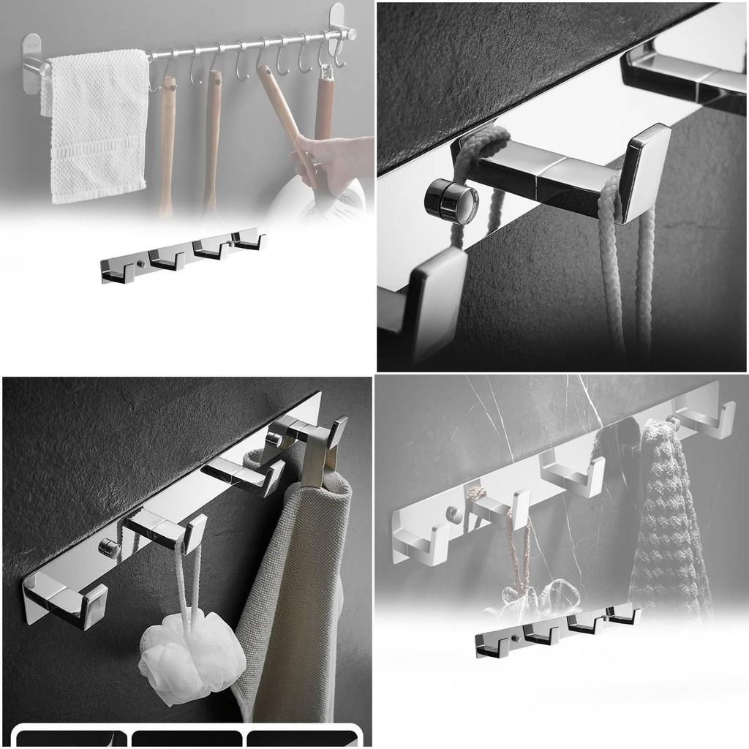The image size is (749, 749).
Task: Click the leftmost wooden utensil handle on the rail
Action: pyautogui.click(x=167, y=146)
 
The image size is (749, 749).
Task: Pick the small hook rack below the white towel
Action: pyautogui.click(x=183, y=256)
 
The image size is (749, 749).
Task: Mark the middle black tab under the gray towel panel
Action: pyautogui.click(x=187, y=737)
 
